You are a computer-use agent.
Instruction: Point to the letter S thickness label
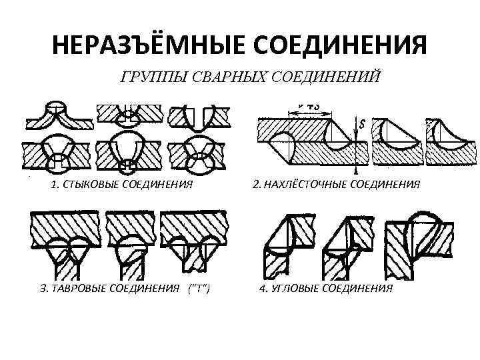pos(361,123)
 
